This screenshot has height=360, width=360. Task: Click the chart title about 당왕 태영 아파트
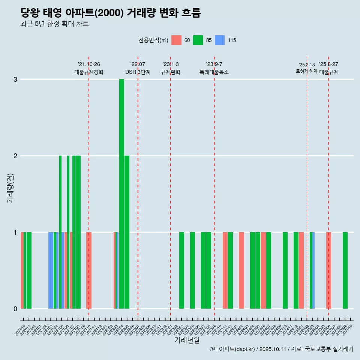coord(111,13)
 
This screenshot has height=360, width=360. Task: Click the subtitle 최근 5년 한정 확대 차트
coord(54,24)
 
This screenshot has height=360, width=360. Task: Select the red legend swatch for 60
coord(176,40)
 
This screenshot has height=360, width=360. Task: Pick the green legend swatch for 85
coord(198,40)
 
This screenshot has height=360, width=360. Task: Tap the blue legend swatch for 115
coord(220,40)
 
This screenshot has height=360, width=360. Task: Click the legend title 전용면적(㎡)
coord(153,40)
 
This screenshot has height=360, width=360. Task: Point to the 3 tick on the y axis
coord(15,79)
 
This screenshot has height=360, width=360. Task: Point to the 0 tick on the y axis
coord(15,309)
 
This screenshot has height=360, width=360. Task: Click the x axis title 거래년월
coord(187,340)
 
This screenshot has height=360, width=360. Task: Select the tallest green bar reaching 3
coord(121,194)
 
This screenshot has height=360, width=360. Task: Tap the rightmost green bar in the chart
coord(345,270)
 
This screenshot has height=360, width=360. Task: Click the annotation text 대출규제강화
coord(89,72)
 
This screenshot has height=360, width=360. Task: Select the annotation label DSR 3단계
coord(138,72)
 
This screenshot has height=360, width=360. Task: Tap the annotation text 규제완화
coord(171,72)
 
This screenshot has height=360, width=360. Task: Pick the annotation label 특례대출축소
coord(214,72)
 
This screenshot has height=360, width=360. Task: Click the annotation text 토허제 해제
coord(307,71)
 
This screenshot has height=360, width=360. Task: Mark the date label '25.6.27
coord(328,64)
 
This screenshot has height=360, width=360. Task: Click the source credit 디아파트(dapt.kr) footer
coord(281,349)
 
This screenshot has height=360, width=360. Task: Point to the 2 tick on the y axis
coord(15,156)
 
